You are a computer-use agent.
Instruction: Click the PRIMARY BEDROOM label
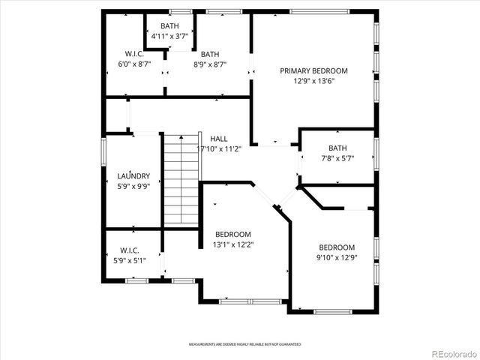click(x=314, y=71)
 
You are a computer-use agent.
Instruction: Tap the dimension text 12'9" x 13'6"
click(x=314, y=82)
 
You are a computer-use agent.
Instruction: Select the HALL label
click(x=219, y=139)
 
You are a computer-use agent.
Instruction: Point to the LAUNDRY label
click(x=134, y=176)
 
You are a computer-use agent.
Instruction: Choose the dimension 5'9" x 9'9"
click(x=134, y=187)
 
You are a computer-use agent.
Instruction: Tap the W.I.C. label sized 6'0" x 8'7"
click(x=134, y=53)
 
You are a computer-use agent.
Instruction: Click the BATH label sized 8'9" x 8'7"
click(x=210, y=53)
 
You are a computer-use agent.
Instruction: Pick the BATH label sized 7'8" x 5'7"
click(x=337, y=148)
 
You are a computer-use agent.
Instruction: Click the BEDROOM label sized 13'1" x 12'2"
click(x=233, y=234)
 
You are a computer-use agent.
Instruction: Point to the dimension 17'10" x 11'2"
click(x=219, y=149)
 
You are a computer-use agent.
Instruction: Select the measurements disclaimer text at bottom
click(x=244, y=343)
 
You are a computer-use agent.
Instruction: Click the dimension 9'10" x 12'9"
click(x=337, y=259)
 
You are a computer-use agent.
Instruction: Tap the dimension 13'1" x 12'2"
click(x=233, y=244)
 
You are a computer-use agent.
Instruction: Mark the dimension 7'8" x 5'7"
click(x=337, y=158)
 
